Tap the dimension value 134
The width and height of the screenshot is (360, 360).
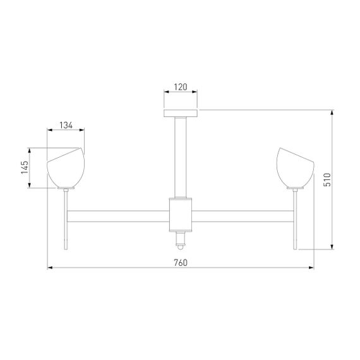[66, 125]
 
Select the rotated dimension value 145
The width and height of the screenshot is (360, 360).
[24, 168]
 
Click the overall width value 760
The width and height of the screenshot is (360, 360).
[181, 262]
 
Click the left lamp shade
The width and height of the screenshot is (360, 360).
[66, 169]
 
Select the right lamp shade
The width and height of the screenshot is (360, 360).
[294, 169]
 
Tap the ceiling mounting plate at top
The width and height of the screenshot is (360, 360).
[181, 113]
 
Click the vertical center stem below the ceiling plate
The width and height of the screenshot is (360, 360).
[181, 155]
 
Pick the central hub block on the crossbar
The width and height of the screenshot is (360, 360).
[181, 213]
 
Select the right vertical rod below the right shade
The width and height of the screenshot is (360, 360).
[294, 218]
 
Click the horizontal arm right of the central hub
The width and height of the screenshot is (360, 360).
[243, 216]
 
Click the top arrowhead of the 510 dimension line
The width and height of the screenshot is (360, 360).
[333, 112]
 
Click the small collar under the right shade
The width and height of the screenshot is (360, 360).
[294, 188]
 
